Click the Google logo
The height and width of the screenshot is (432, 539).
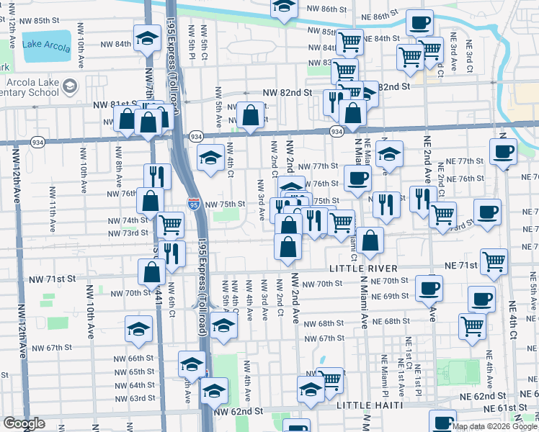click(x=24, y=424)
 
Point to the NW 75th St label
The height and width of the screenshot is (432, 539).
click(x=220, y=204)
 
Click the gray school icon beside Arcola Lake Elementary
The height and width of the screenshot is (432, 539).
click(x=70, y=87)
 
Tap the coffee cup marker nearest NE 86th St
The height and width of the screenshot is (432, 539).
click(x=419, y=22)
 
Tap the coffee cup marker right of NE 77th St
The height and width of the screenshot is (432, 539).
click(x=503, y=152)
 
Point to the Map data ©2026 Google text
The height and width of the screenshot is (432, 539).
click(x=494, y=426)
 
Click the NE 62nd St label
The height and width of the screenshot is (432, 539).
click(x=484, y=396)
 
